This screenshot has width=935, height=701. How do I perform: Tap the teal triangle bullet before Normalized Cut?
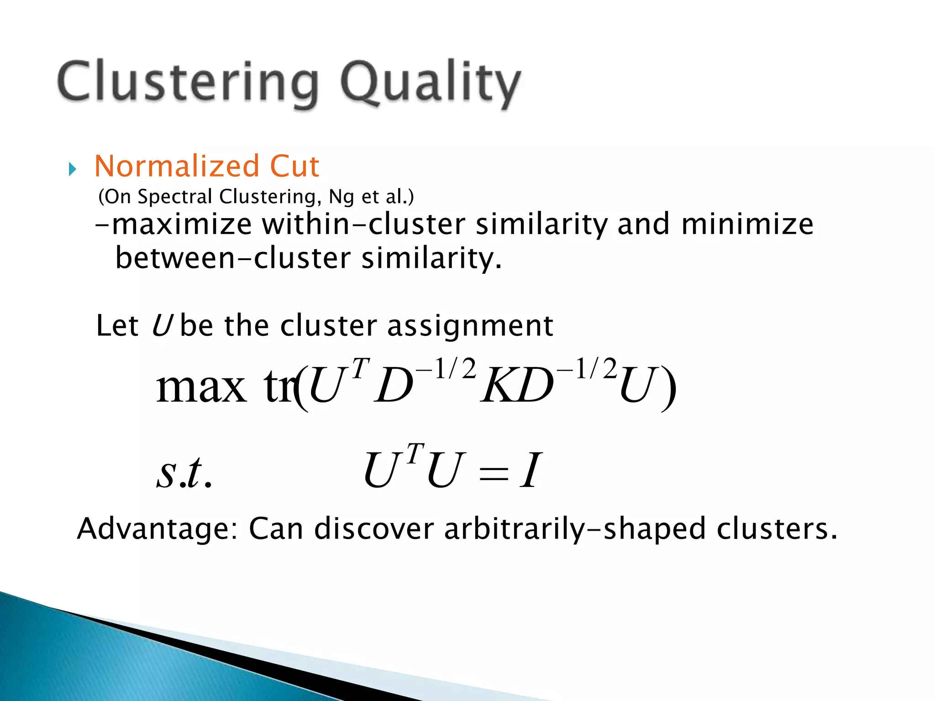pyautogui.click(x=72, y=170)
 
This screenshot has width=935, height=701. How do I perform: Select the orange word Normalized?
pyautogui.click(x=176, y=166)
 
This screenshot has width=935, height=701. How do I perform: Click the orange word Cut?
pyautogui.click(x=294, y=166)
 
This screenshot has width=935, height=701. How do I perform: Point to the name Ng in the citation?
pyautogui.click(x=341, y=197)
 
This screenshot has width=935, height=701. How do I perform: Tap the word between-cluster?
pyautogui.click(x=233, y=258)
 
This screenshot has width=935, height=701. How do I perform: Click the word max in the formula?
pyautogui.click(x=201, y=387)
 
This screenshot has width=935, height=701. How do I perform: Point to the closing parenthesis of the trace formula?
pyautogui.click(x=668, y=388)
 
